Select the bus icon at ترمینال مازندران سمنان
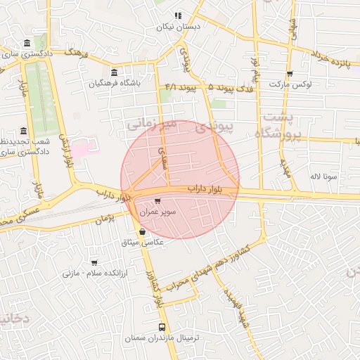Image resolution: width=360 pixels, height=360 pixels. point(162,327)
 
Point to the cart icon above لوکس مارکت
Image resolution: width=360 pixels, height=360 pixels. point(289,74)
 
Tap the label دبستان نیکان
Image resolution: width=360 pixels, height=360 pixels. point(178,26)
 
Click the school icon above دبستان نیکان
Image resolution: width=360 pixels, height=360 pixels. point(178,15)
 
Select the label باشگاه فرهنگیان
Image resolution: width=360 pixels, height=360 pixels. point(115,82)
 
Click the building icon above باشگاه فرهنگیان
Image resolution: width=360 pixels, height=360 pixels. point(115,72)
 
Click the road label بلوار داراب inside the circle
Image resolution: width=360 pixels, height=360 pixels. point(205,189)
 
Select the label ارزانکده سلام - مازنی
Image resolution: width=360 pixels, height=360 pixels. point(93,272)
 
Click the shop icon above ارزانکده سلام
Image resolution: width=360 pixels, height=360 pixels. point(93,262)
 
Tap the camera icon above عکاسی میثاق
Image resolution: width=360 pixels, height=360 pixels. point(143,231)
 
